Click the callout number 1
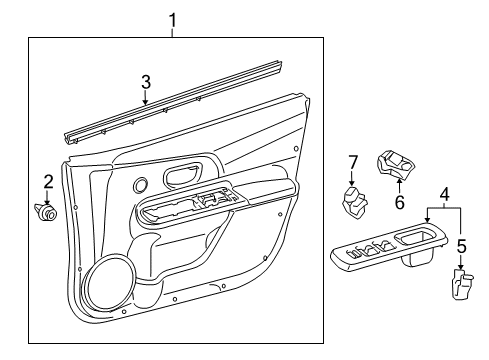point(172,19)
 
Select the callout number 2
point(47,180)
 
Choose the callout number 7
point(352,163)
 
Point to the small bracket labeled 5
point(460,286)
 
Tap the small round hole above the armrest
point(138,185)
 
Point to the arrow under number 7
point(352,178)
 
